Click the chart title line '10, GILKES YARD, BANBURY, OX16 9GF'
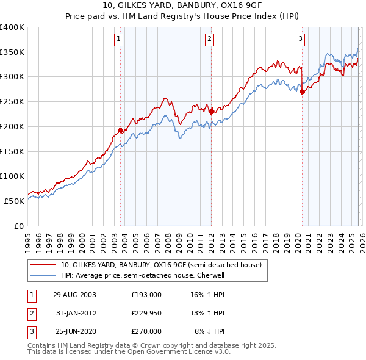[182, 6]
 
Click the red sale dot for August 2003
[121, 130]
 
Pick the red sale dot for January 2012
[211, 112]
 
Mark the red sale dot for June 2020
[302, 92]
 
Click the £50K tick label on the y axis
[15, 201]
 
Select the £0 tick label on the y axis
[20, 226]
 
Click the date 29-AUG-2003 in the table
[74, 295]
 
